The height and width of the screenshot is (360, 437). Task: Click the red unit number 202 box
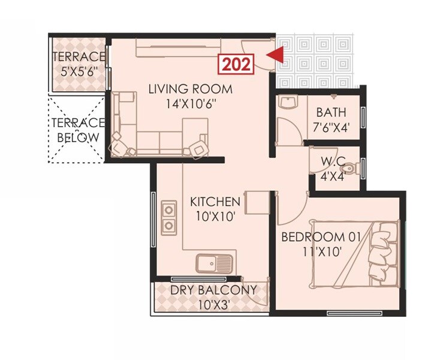point(237,64)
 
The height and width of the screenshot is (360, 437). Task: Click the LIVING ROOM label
point(190,90)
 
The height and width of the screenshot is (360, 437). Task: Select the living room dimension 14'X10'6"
point(190,103)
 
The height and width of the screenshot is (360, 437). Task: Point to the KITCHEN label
point(215,202)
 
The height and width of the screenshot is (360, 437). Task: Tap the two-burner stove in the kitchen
point(170,218)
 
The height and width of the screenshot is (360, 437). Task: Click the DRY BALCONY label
point(213,290)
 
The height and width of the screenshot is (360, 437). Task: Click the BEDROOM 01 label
point(321,238)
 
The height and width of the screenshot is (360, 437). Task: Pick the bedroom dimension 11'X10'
point(321,252)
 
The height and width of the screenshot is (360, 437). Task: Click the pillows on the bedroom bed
point(381,252)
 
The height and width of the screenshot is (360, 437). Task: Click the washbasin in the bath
point(288,103)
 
